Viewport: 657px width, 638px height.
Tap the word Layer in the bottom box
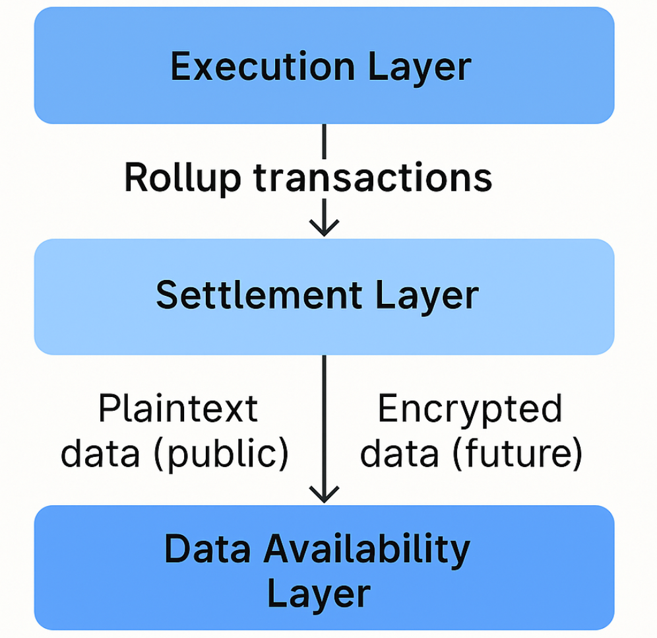319,592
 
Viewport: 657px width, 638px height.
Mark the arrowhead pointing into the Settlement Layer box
324,229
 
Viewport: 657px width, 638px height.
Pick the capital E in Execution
179,67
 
